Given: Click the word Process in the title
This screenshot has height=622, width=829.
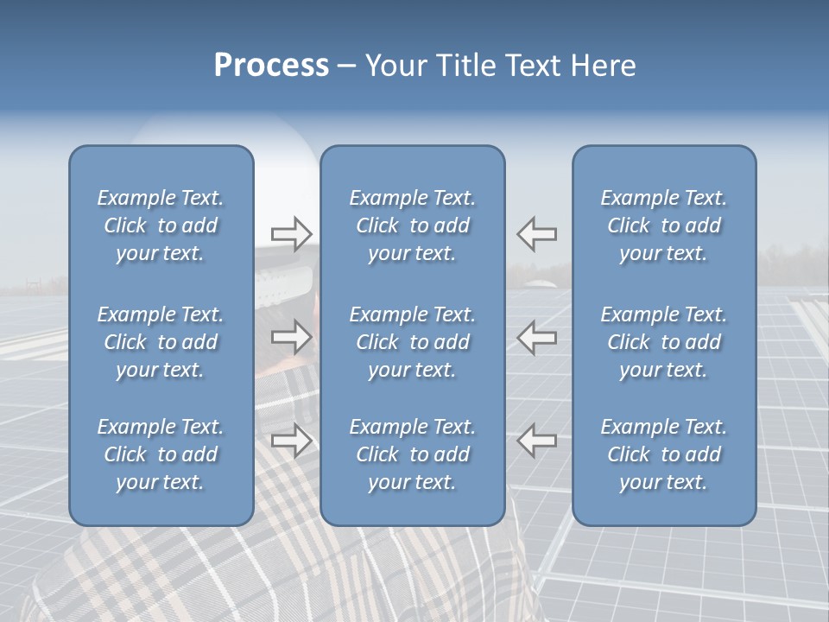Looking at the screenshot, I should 271,66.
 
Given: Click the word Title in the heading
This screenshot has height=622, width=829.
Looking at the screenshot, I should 464,66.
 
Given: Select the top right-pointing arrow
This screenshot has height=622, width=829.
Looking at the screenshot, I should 291,233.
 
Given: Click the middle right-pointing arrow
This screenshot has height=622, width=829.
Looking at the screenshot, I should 291,337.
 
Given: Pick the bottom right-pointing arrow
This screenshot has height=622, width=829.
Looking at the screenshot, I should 291,441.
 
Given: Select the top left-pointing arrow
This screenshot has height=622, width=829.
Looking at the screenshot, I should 536,233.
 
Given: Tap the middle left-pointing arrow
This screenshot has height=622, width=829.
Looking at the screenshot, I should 536,337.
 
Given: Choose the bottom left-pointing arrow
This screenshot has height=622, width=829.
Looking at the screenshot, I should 536,441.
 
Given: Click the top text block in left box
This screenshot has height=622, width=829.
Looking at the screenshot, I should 161,225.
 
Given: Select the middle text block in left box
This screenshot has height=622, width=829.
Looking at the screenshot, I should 161,342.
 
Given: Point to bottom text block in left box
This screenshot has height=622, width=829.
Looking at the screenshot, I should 161,454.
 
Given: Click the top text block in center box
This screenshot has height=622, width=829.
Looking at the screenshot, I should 412,225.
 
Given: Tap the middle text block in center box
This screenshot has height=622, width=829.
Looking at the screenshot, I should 412,342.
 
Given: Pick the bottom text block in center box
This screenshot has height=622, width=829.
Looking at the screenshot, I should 412,454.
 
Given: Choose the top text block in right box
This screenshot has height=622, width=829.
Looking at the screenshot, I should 663,225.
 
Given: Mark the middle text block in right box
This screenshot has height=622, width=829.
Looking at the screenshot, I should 663,342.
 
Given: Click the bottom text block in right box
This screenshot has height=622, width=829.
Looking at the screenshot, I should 663,454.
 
